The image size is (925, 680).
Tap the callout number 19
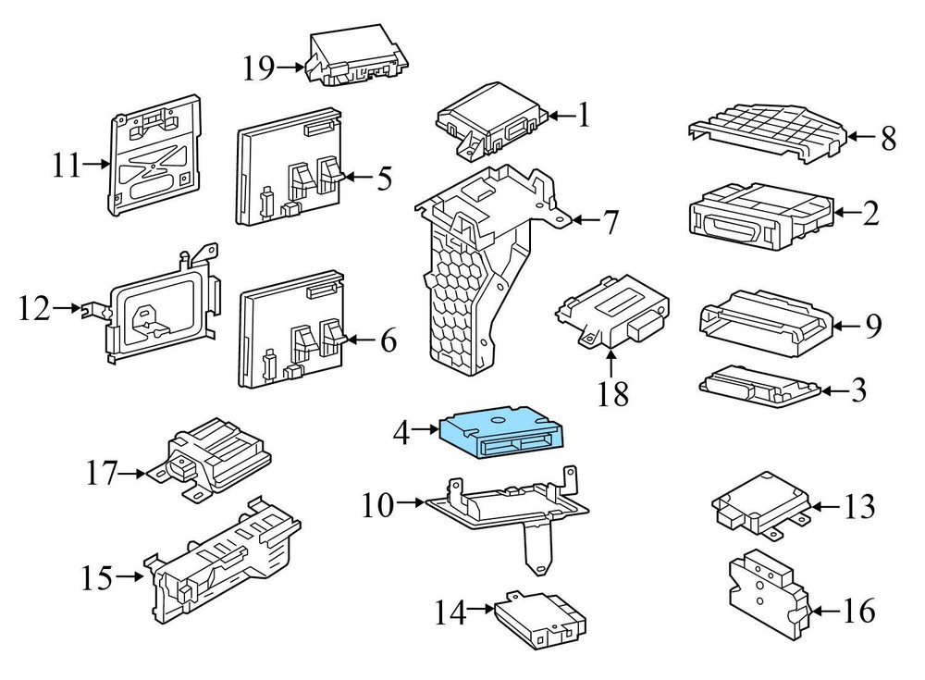click(x=261, y=68)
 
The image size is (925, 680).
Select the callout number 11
click(x=68, y=167)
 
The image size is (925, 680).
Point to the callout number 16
click(x=856, y=611)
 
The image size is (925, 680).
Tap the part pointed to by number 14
click(x=541, y=622)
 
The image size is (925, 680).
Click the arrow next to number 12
click(x=89, y=308)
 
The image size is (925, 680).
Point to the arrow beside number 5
click(x=355, y=177)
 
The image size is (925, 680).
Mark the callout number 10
click(x=378, y=505)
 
